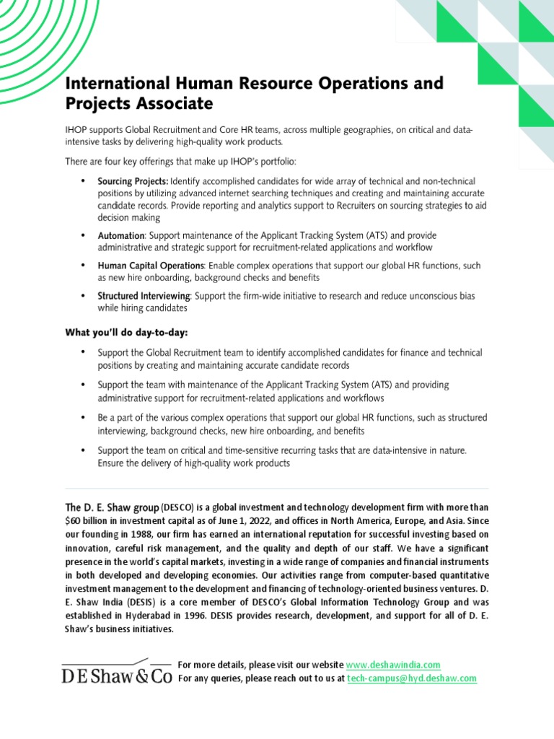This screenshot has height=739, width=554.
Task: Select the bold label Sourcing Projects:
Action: (x=133, y=180)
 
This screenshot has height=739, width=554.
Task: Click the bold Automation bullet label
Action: (x=121, y=236)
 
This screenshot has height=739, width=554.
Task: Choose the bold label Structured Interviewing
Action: (x=144, y=296)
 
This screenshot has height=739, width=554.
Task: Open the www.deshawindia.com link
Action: (x=393, y=665)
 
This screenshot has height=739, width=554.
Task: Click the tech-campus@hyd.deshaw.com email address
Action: (x=412, y=678)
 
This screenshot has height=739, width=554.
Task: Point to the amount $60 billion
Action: (x=87, y=520)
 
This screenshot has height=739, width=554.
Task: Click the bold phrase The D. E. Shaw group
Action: (x=112, y=507)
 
